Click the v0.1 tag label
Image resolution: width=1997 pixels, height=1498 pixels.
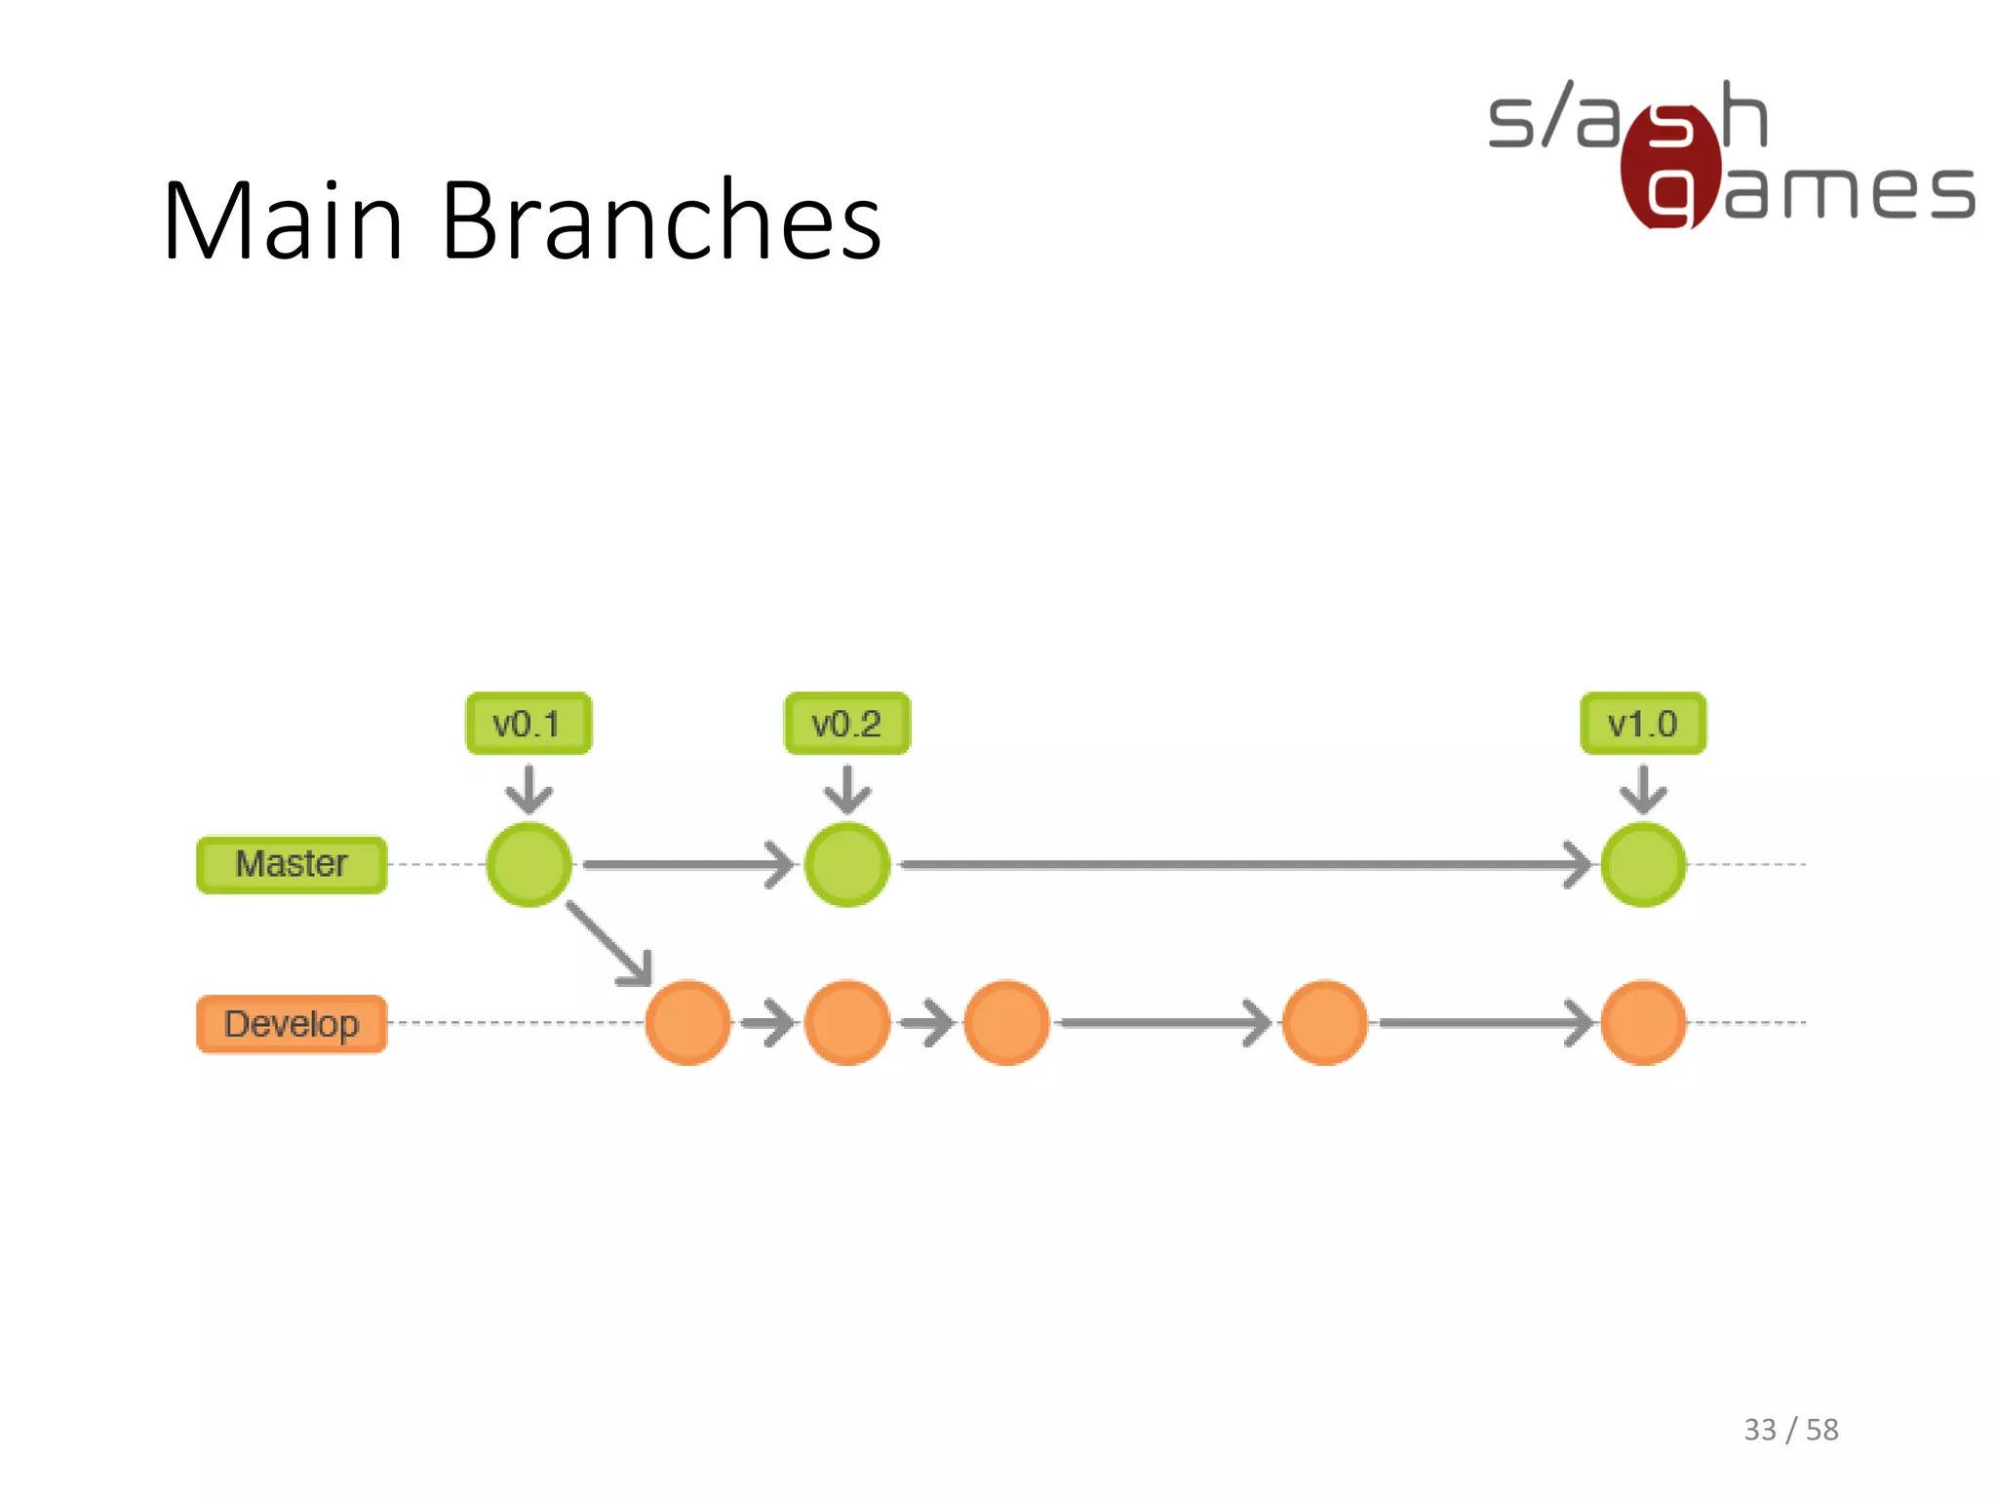[x=529, y=724]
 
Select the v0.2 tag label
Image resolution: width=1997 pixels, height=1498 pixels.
[x=846, y=724]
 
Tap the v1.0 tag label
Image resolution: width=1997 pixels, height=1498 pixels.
[x=1643, y=724]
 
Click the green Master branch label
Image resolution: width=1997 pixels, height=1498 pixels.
[x=292, y=864]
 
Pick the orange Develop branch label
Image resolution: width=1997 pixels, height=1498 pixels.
[x=292, y=1024]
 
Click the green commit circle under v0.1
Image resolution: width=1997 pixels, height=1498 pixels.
[x=529, y=865]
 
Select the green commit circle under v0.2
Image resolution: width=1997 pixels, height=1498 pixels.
[x=847, y=865]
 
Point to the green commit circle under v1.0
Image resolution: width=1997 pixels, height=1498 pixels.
[x=1643, y=865]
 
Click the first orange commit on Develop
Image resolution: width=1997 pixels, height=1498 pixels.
[x=688, y=1023]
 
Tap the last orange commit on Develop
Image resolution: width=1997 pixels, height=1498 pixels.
[x=1643, y=1023]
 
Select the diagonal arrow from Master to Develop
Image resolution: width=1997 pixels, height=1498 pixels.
[x=608, y=943]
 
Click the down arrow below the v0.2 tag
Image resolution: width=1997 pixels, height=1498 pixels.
[x=846, y=788]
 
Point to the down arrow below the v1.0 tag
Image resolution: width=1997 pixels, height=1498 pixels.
[x=1643, y=788]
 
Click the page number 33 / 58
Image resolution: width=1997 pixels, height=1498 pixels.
[x=1790, y=1430]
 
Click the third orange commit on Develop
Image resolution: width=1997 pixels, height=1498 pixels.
[x=1006, y=1023]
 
